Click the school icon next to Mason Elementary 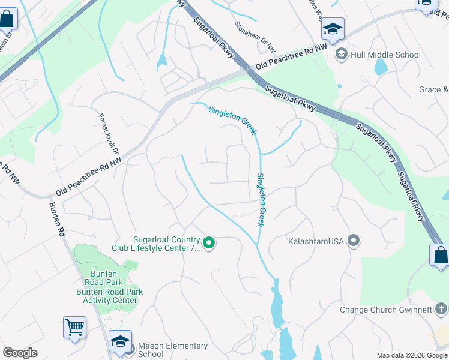click(x=120, y=342)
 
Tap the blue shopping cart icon click(x=74, y=328)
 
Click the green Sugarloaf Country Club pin click(x=209, y=243)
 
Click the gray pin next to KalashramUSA click(x=354, y=241)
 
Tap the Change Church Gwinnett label click(x=385, y=310)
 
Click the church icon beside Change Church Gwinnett click(x=441, y=309)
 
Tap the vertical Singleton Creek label click(x=261, y=199)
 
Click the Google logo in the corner click(x=20, y=353)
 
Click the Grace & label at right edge click(x=433, y=90)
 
